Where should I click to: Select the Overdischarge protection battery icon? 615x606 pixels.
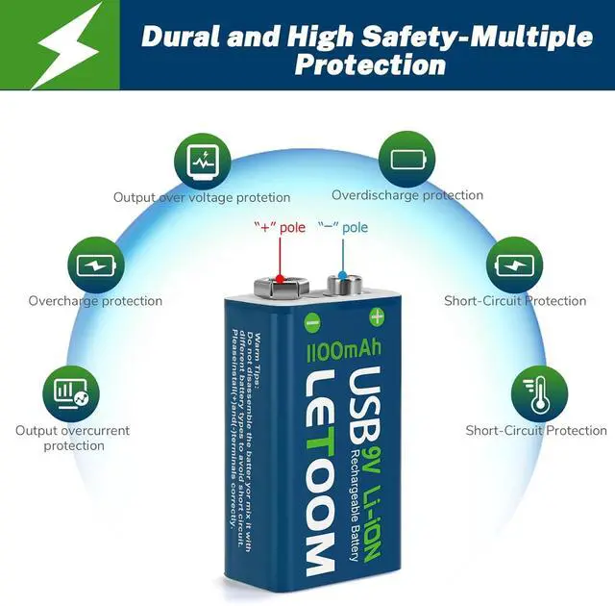coord(406,157)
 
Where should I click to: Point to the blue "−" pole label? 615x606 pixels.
coord(343,229)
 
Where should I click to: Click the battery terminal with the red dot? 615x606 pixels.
coord(279,285)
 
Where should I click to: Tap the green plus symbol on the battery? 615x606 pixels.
coord(377,316)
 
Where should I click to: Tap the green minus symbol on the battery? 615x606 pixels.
coord(312,321)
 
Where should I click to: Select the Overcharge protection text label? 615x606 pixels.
coord(95,301)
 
